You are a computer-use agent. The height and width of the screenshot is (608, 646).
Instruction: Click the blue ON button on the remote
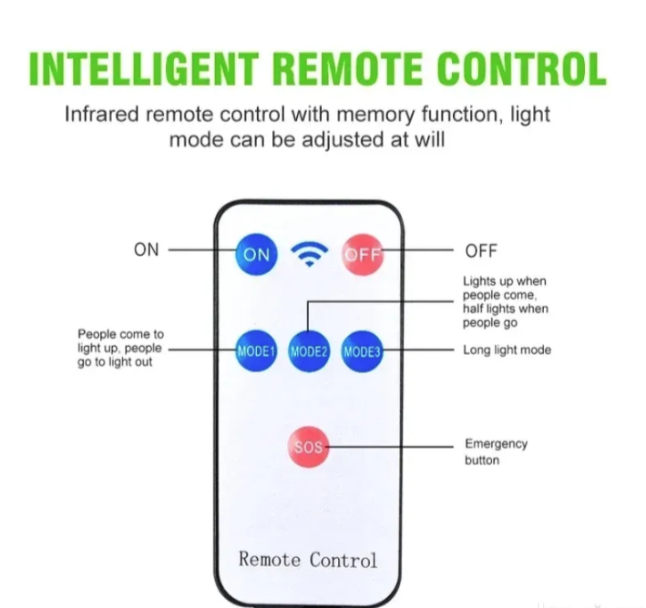click(x=256, y=255)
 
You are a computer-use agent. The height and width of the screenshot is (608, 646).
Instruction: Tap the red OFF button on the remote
click(x=363, y=255)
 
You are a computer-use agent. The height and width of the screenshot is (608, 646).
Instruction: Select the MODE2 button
click(x=309, y=351)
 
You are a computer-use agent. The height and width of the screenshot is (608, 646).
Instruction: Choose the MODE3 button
click(x=362, y=351)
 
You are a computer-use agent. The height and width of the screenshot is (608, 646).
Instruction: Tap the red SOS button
click(x=309, y=447)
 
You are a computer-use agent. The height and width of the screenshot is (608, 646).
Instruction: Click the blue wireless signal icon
click(x=310, y=255)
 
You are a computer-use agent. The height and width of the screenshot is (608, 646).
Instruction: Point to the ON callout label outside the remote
click(x=147, y=249)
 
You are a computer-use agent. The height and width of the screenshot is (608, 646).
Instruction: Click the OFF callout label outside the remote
click(x=481, y=250)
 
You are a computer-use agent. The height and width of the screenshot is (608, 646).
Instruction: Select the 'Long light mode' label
click(x=508, y=350)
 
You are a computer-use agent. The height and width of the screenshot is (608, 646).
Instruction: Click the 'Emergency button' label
click(x=496, y=451)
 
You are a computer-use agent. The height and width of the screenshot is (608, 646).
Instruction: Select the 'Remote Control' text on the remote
click(x=308, y=560)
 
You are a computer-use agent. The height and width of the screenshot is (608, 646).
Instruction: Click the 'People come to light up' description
click(x=120, y=348)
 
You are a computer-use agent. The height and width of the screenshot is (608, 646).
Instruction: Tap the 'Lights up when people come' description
click(x=506, y=302)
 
